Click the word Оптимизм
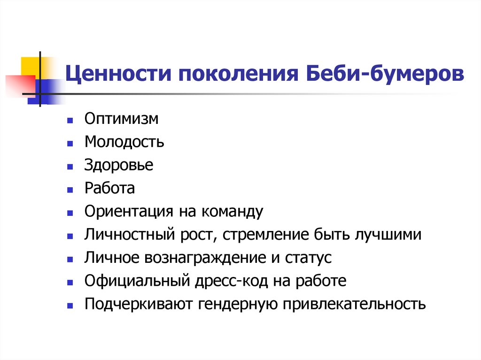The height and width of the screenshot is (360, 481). click(122, 119)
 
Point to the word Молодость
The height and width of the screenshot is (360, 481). click(124, 142)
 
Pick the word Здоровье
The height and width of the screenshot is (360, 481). click(119, 165)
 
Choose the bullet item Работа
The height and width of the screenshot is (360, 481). click(110, 188)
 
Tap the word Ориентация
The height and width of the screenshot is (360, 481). click(127, 211)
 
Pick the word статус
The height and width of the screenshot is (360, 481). click(310, 258)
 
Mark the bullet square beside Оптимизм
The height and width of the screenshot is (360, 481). click(70, 121)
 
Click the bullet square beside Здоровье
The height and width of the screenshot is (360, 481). click(70, 167)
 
